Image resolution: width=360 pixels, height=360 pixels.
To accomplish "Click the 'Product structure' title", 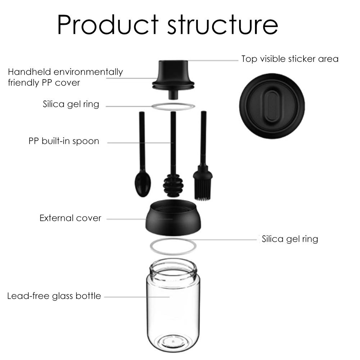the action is pyautogui.click(x=168, y=24).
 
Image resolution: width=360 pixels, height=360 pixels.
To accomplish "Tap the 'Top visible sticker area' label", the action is pyautogui.click(x=290, y=59).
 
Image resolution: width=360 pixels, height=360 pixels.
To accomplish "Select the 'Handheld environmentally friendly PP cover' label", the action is pyautogui.click(x=65, y=77).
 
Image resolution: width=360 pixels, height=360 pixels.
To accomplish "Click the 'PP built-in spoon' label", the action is pyautogui.click(x=64, y=141).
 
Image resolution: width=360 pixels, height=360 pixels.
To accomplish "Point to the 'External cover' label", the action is pyautogui.click(x=70, y=218).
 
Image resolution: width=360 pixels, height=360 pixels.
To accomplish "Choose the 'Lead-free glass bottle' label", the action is pyautogui.click(x=54, y=296).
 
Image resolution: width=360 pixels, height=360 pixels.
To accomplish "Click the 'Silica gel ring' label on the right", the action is pyautogui.click(x=290, y=239).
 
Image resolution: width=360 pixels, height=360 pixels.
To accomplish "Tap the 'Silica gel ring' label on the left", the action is pyautogui.click(x=71, y=104).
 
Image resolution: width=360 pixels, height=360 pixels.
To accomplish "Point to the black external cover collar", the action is pyautogui.click(x=173, y=218).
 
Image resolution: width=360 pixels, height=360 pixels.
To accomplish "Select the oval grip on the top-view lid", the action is pyautogui.click(x=272, y=106).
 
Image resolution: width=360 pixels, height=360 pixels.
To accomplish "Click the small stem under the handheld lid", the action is pyautogui.click(x=173, y=95).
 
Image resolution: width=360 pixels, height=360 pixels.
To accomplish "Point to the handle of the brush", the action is pyautogui.click(x=204, y=138).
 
